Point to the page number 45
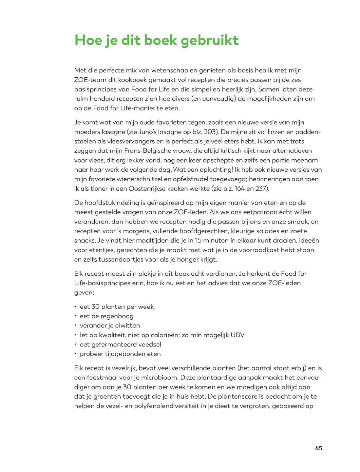(318, 448)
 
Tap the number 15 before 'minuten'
(198, 241)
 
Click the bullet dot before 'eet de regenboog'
(75, 316)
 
